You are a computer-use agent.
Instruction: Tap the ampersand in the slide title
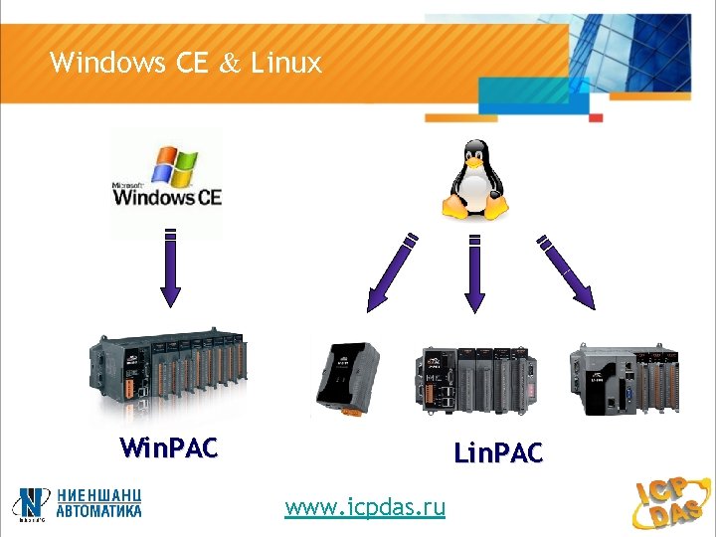click(x=229, y=65)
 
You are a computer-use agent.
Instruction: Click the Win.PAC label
click(x=168, y=448)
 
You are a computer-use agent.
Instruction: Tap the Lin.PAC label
click(x=498, y=454)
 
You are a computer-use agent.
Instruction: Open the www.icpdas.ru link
click(x=365, y=508)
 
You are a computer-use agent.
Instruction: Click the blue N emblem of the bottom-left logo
click(x=32, y=503)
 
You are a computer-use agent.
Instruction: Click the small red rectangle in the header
click(x=596, y=117)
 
